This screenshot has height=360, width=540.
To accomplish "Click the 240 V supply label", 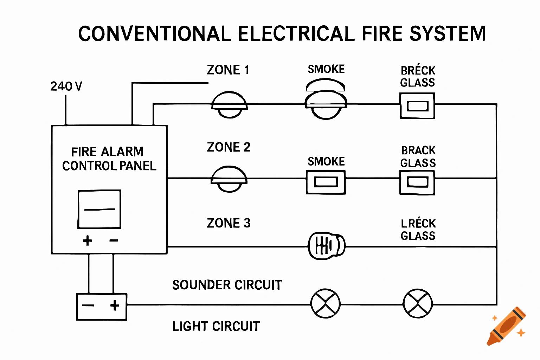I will (66, 86).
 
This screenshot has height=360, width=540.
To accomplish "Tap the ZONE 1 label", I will (228, 70).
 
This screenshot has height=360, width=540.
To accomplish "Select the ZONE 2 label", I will (229, 147).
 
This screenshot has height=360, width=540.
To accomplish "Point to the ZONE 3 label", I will (229, 223).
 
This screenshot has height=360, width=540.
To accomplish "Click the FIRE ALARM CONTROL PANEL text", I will (109, 159).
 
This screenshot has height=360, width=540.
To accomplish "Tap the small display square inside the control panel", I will (99, 209).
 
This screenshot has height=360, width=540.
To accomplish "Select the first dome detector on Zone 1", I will (229, 105).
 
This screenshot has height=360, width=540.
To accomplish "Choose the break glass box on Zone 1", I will (417, 106).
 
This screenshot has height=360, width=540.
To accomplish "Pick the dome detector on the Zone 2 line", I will (229, 179).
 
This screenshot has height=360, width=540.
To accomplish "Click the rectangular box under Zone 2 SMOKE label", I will (326, 182).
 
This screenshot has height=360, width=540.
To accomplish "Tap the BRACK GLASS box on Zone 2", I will (417, 182).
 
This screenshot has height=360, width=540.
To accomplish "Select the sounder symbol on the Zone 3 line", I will (326, 246).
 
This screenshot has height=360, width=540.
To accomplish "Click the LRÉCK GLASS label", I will (418, 230).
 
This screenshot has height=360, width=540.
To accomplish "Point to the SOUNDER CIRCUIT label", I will (227, 285).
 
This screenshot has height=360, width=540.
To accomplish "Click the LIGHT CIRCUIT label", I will (216, 327).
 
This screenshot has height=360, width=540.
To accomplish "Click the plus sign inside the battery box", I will (115, 305).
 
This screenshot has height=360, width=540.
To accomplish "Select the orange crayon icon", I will (507, 326).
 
